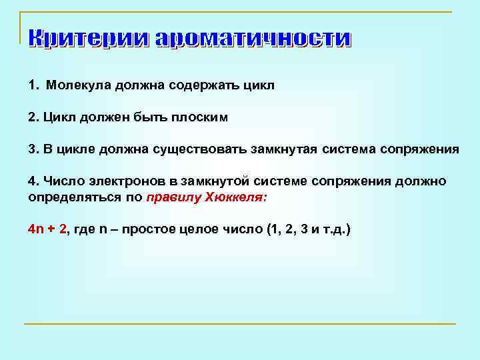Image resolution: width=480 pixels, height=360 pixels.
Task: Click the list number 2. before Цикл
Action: pyautogui.click(x=33, y=117)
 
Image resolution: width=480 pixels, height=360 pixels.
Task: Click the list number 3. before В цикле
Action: pyautogui.click(x=33, y=149)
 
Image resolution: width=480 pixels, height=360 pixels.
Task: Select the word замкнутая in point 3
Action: pyautogui.click(x=284, y=149)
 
